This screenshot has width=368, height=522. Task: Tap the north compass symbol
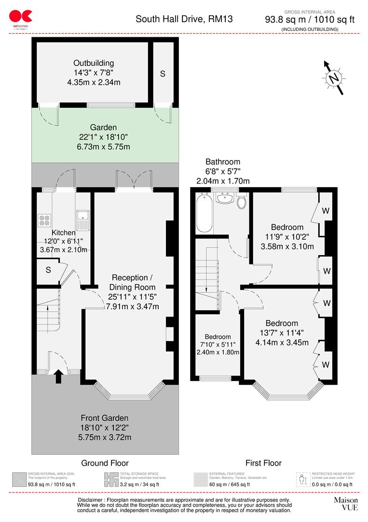(333, 78)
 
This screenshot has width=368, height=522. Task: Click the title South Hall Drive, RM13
(184, 19)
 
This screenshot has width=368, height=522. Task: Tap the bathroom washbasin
(224, 199)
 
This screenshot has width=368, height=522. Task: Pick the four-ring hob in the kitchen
(44, 220)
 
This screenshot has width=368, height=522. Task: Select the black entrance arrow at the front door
(58, 376)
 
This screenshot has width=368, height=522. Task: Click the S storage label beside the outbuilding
(163, 74)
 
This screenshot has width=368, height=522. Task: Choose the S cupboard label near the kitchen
(48, 270)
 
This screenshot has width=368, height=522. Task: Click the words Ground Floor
(105, 463)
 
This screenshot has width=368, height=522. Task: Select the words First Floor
(263, 463)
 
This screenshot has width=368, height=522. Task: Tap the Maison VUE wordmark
(346, 504)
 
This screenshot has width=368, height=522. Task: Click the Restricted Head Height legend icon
(302, 479)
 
